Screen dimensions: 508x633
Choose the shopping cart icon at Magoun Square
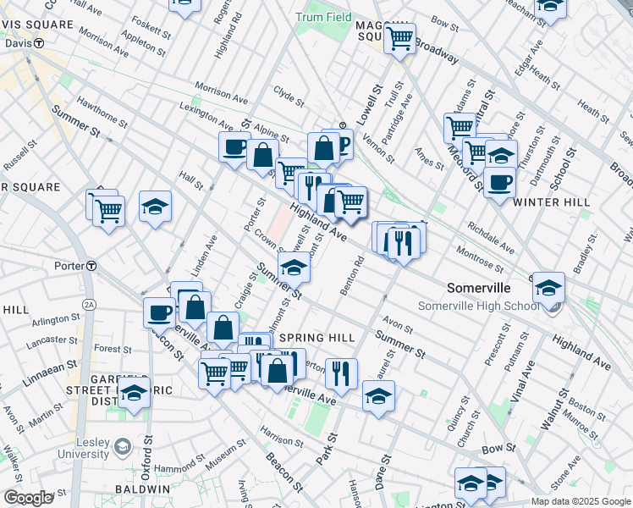399,37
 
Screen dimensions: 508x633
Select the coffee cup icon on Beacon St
159,312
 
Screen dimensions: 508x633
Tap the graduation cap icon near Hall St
155,206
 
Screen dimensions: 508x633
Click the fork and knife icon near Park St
341,372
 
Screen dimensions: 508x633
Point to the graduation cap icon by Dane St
377,395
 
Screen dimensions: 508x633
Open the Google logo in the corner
28,498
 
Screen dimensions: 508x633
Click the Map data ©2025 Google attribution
580,501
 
